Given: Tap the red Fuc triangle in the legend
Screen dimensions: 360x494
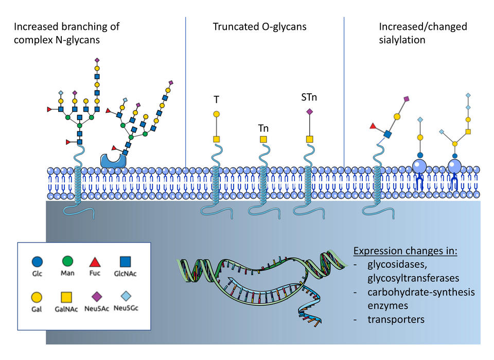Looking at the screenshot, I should pyautogui.click(x=95, y=261).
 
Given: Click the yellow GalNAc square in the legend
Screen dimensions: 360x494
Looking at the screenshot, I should pyautogui.click(x=67, y=297).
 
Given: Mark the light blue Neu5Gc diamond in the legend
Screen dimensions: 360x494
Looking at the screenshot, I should pyautogui.click(x=125, y=297).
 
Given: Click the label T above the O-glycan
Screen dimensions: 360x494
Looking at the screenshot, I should pyautogui.click(x=216, y=99).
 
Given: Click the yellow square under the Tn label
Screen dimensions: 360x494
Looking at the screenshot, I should pyautogui.click(x=263, y=139).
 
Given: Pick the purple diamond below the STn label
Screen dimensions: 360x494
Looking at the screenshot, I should pyautogui.click(x=309, y=111).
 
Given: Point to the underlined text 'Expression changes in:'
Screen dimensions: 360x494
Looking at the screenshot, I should pyautogui.click(x=406, y=252).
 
